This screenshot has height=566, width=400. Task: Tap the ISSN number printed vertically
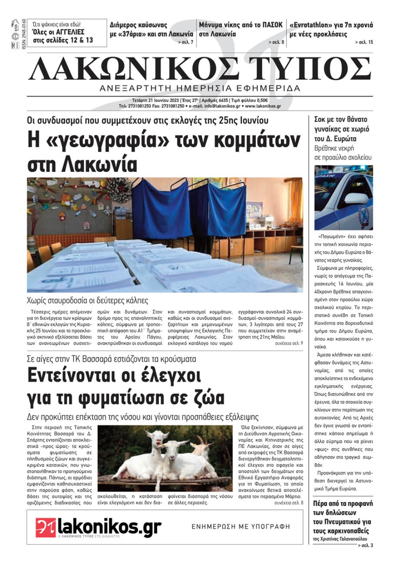tap(24, 34)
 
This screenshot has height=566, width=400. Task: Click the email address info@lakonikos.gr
tap(222, 106)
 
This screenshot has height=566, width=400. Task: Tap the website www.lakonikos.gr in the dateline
tap(263, 106)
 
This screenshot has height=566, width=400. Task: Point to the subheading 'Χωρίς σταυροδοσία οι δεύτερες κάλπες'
tap(87, 300)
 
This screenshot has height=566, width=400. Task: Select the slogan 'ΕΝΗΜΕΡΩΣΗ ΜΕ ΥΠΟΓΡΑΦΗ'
tap(241, 526)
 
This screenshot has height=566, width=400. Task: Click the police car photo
tap(343, 198)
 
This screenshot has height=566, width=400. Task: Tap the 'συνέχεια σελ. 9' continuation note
tap(289, 343)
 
